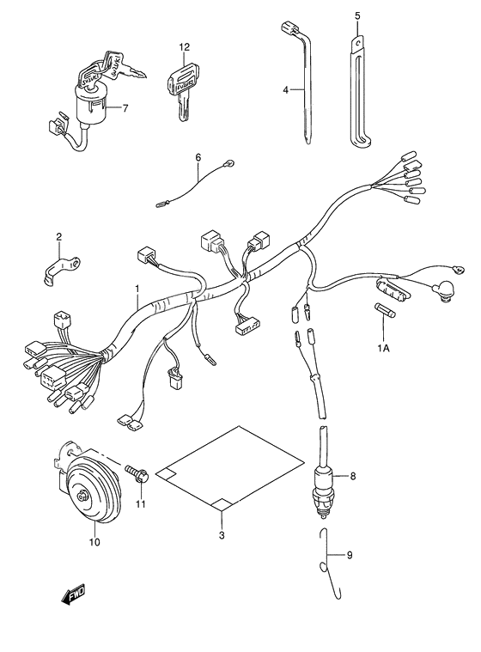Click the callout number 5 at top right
click(x=357, y=15)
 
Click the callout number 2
click(x=58, y=236)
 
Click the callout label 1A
click(x=384, y=347)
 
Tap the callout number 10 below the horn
click(x=94, y=542)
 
